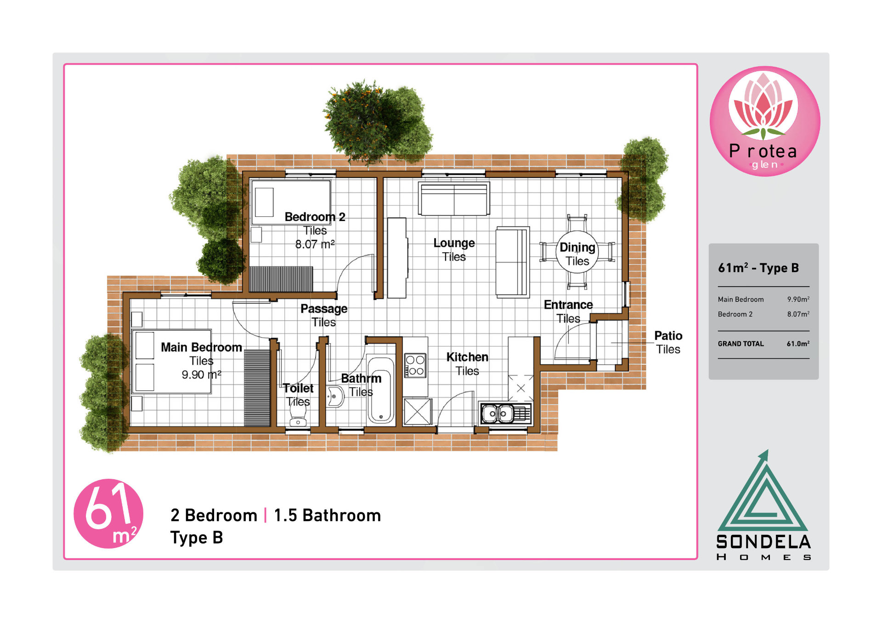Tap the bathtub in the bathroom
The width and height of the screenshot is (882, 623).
(380, 390)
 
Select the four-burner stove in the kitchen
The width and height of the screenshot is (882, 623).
(415, 365)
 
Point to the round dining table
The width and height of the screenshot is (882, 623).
(577, 252)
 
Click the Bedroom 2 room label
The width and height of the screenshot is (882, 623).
(315, 217)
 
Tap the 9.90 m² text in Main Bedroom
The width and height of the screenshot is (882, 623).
(201, 375)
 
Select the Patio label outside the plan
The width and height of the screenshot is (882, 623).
(668, 336)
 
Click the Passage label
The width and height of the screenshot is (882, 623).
(324, 309)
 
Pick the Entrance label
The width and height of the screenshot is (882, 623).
(568, 305)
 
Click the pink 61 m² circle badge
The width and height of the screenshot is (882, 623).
(108, 514)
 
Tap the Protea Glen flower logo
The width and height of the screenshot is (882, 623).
(765, 121)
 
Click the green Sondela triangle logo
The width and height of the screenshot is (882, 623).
(763, 492)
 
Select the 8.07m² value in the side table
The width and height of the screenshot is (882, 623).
(798, 314)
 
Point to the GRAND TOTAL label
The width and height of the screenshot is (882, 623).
(741, 344)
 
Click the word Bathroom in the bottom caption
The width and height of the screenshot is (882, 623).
(342, 515)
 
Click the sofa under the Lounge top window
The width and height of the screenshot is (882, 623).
(454, 198)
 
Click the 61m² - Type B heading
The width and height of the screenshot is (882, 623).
(758, 267)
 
